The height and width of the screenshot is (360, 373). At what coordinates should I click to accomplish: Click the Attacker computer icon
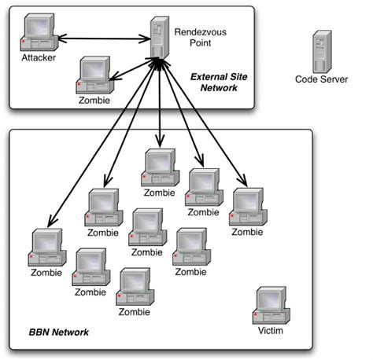[38, 36]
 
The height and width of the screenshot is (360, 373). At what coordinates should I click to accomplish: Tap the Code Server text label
[321, 79]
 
